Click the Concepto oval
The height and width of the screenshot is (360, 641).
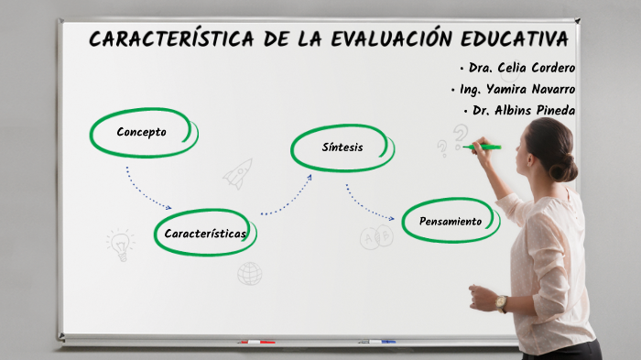[x=142, y=132]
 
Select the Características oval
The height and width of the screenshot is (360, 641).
[x=205, y=234]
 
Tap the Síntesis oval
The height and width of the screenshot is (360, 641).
[x=342, y=147]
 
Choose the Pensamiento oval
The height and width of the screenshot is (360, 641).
[x=450, y=221]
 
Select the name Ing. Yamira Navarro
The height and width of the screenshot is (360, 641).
[x=513, y=89]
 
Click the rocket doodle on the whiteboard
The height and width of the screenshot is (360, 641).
[x=238, y=172]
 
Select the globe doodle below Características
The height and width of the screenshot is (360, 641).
[x=249, y=273]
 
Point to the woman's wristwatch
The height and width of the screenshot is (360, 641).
[x=502, y=302]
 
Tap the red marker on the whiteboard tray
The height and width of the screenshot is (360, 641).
[x=257, y=342]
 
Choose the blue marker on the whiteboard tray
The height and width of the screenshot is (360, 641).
[x=376, y=342]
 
